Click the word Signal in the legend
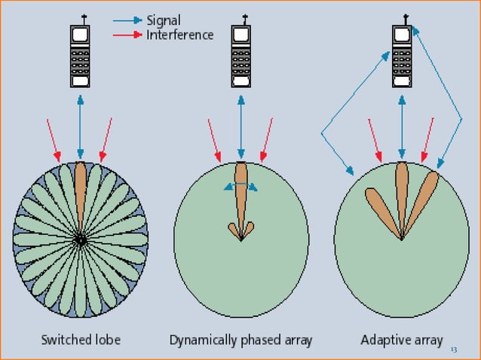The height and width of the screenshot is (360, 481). (164, 21)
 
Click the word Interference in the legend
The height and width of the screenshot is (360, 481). (179, 35)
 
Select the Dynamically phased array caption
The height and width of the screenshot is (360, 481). (240, 339)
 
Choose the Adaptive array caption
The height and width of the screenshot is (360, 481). (400, 339)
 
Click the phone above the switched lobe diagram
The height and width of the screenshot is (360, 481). (81, 57)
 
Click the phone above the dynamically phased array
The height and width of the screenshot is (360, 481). (241, 57)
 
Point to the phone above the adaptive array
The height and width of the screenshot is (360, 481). (401, 57)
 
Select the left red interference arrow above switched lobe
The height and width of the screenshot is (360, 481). (54, 139)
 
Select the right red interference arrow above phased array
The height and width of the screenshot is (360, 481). (266, 139)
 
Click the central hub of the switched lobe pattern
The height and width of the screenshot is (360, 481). (80, 239)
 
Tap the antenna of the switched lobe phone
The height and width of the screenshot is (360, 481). (81, 18)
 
